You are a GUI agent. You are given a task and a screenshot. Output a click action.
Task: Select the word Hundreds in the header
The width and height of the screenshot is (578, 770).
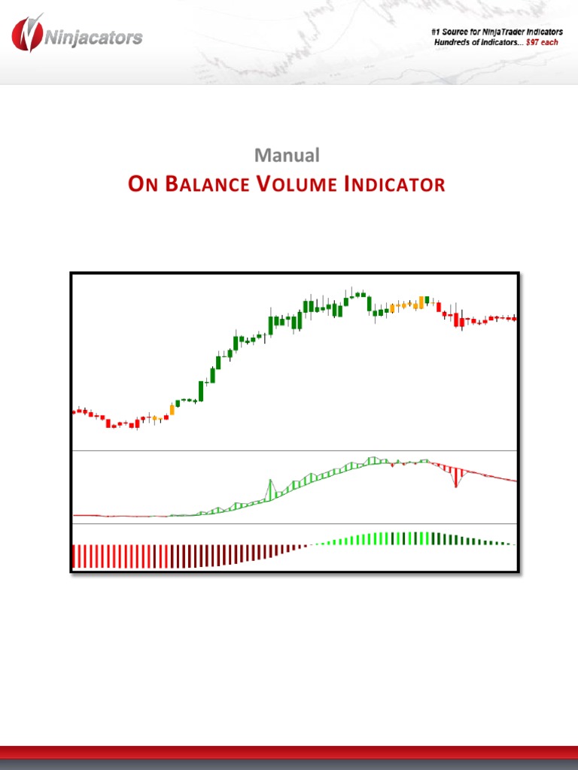coord(455,42)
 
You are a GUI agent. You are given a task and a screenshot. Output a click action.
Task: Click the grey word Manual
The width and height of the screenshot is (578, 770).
coord(287,155)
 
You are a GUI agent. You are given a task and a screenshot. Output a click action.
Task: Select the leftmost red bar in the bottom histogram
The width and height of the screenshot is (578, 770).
coord(73,556)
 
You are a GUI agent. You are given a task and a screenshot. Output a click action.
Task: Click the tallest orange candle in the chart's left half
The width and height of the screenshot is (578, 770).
coord(172,410)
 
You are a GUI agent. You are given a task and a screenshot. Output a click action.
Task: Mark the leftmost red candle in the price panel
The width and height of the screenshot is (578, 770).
coord(75,411)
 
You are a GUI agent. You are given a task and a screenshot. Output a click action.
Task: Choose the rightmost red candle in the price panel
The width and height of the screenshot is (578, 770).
coord(515,319)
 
